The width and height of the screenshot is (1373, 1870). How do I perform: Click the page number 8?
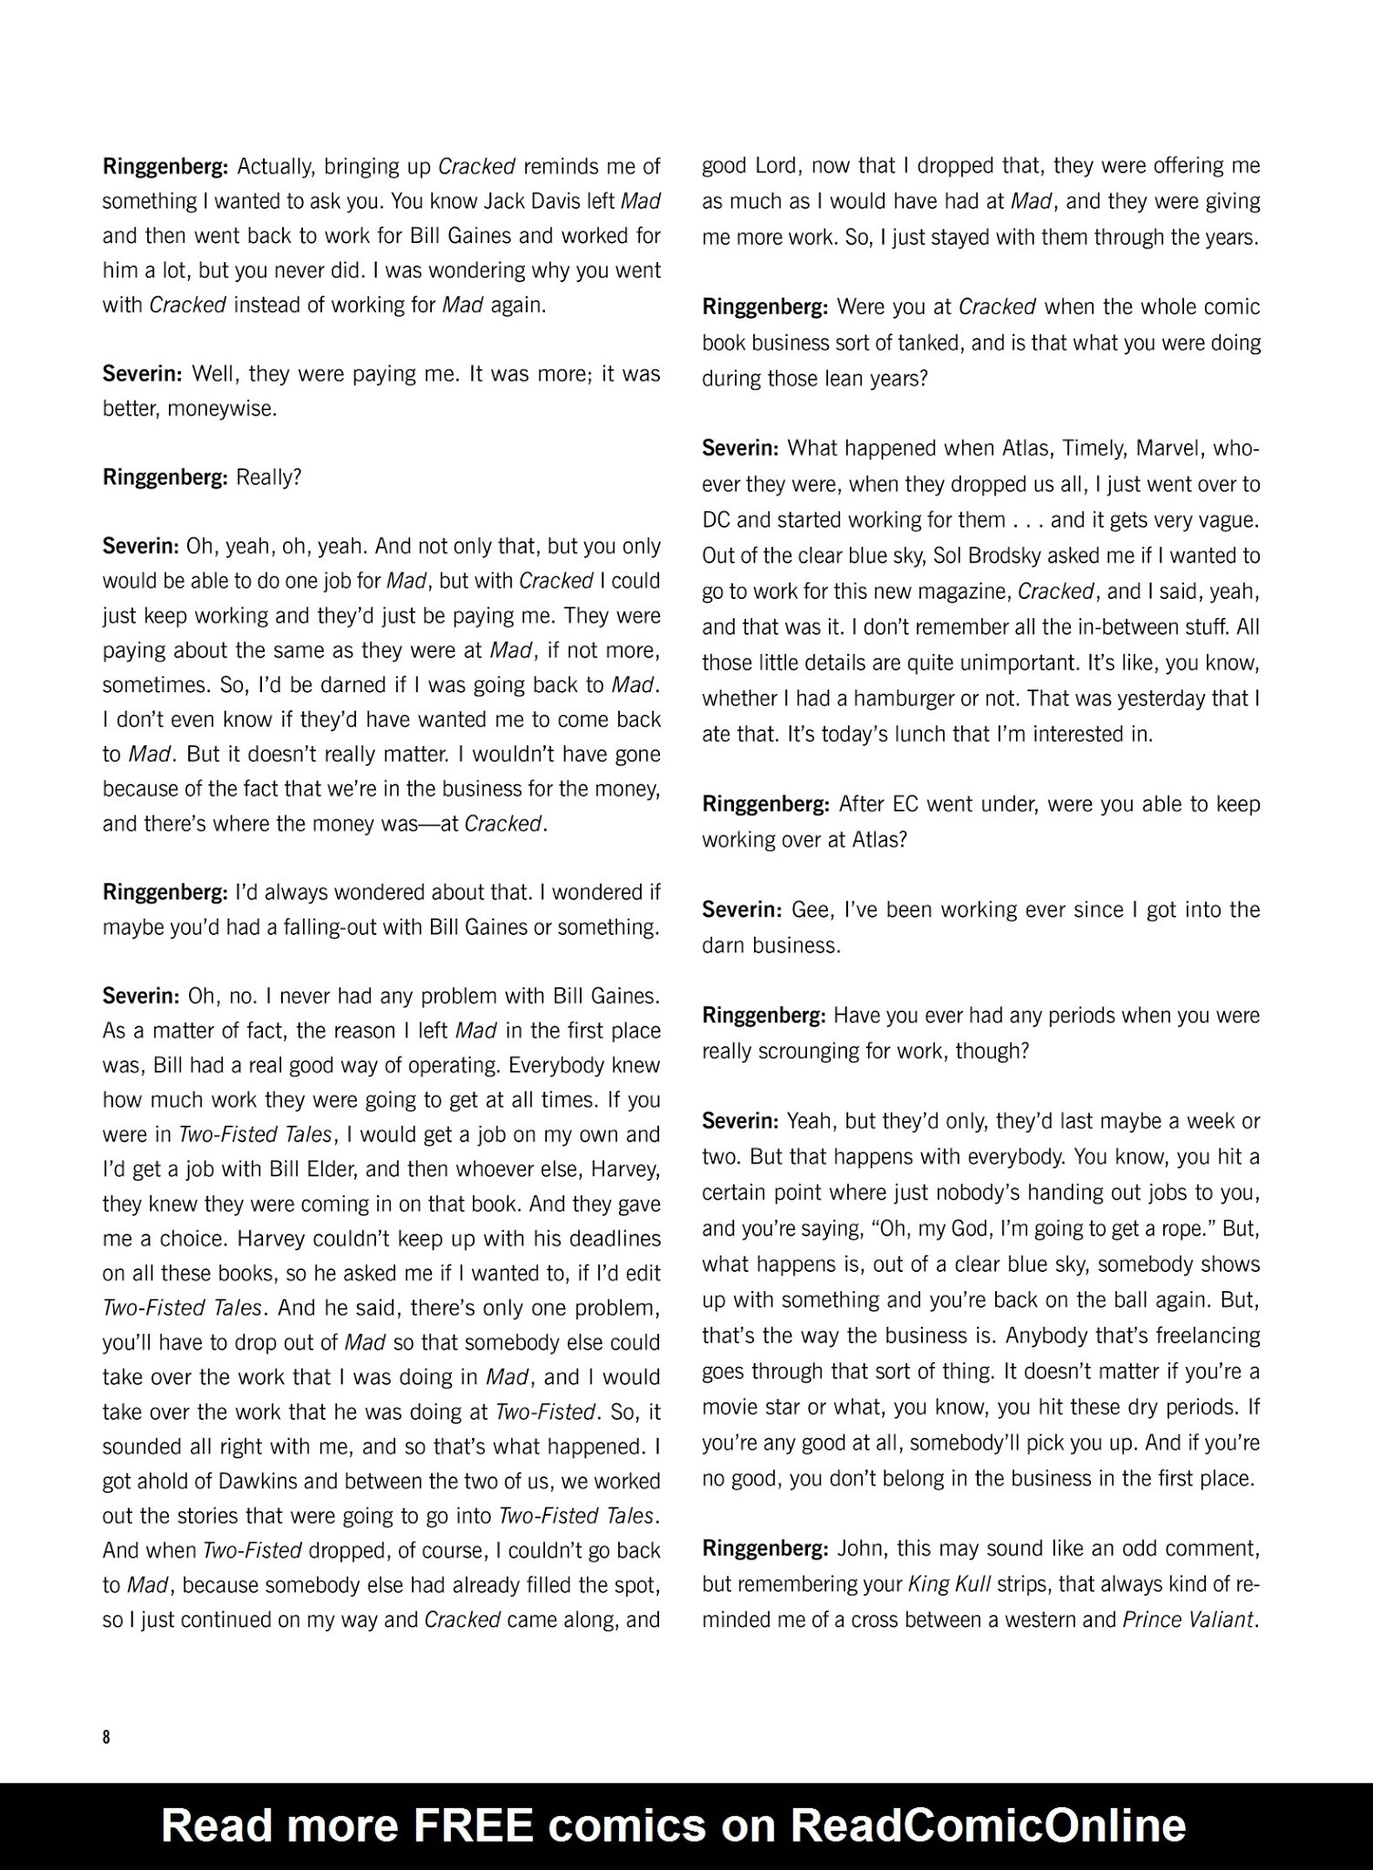pyautogui.click(x=107, y=1737)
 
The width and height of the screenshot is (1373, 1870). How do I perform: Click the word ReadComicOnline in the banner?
pyautogui.click(x=988, y=1824)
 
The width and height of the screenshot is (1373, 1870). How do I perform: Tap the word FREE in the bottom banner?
pyautogui.click(x=472, y=1824)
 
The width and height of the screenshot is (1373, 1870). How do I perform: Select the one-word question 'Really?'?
pyautogui.click(x=268, y=478)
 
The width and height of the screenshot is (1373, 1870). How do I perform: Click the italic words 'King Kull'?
pyautogui.click(x=949, y=1584)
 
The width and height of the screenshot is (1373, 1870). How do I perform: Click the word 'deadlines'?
pyautogui.click(x=611, y=1239)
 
